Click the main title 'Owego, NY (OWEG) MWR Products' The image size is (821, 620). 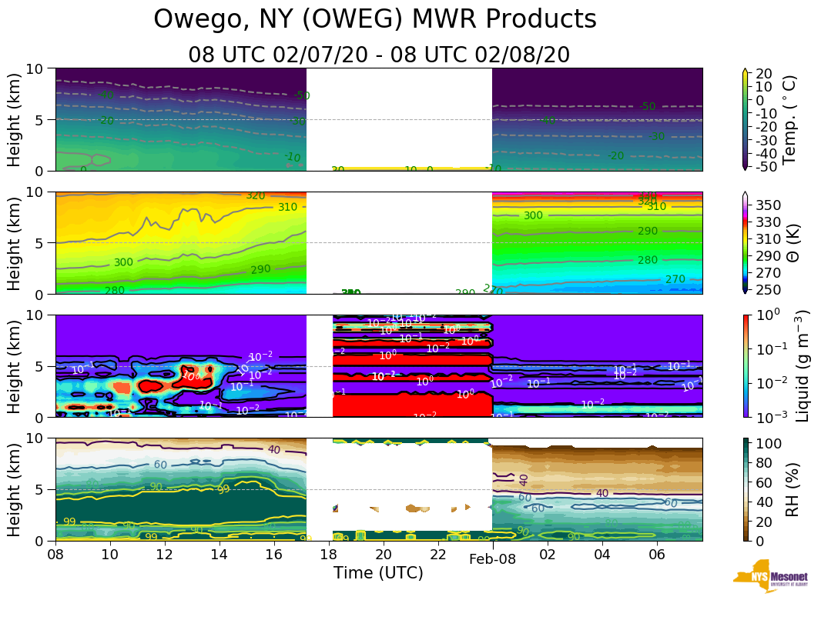click(375, 19)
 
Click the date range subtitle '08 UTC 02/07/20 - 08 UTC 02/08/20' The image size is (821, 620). click(379, 55)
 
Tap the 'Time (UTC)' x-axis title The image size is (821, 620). click(378, 572)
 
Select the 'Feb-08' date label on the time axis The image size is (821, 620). click(492, 559)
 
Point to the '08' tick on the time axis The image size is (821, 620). click(55, 554)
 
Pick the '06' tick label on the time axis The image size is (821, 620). click(656, 554)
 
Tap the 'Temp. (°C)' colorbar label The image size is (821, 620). click(789, 119)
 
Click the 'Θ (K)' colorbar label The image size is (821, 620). click(789, 243)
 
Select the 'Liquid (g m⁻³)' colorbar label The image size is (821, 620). click(802, 365)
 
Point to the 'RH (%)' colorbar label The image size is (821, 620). click(789, 489)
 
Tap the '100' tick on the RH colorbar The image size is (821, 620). click(771, 444)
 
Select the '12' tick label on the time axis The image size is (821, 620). click(165, 554)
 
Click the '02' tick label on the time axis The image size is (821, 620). click(547, 554)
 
